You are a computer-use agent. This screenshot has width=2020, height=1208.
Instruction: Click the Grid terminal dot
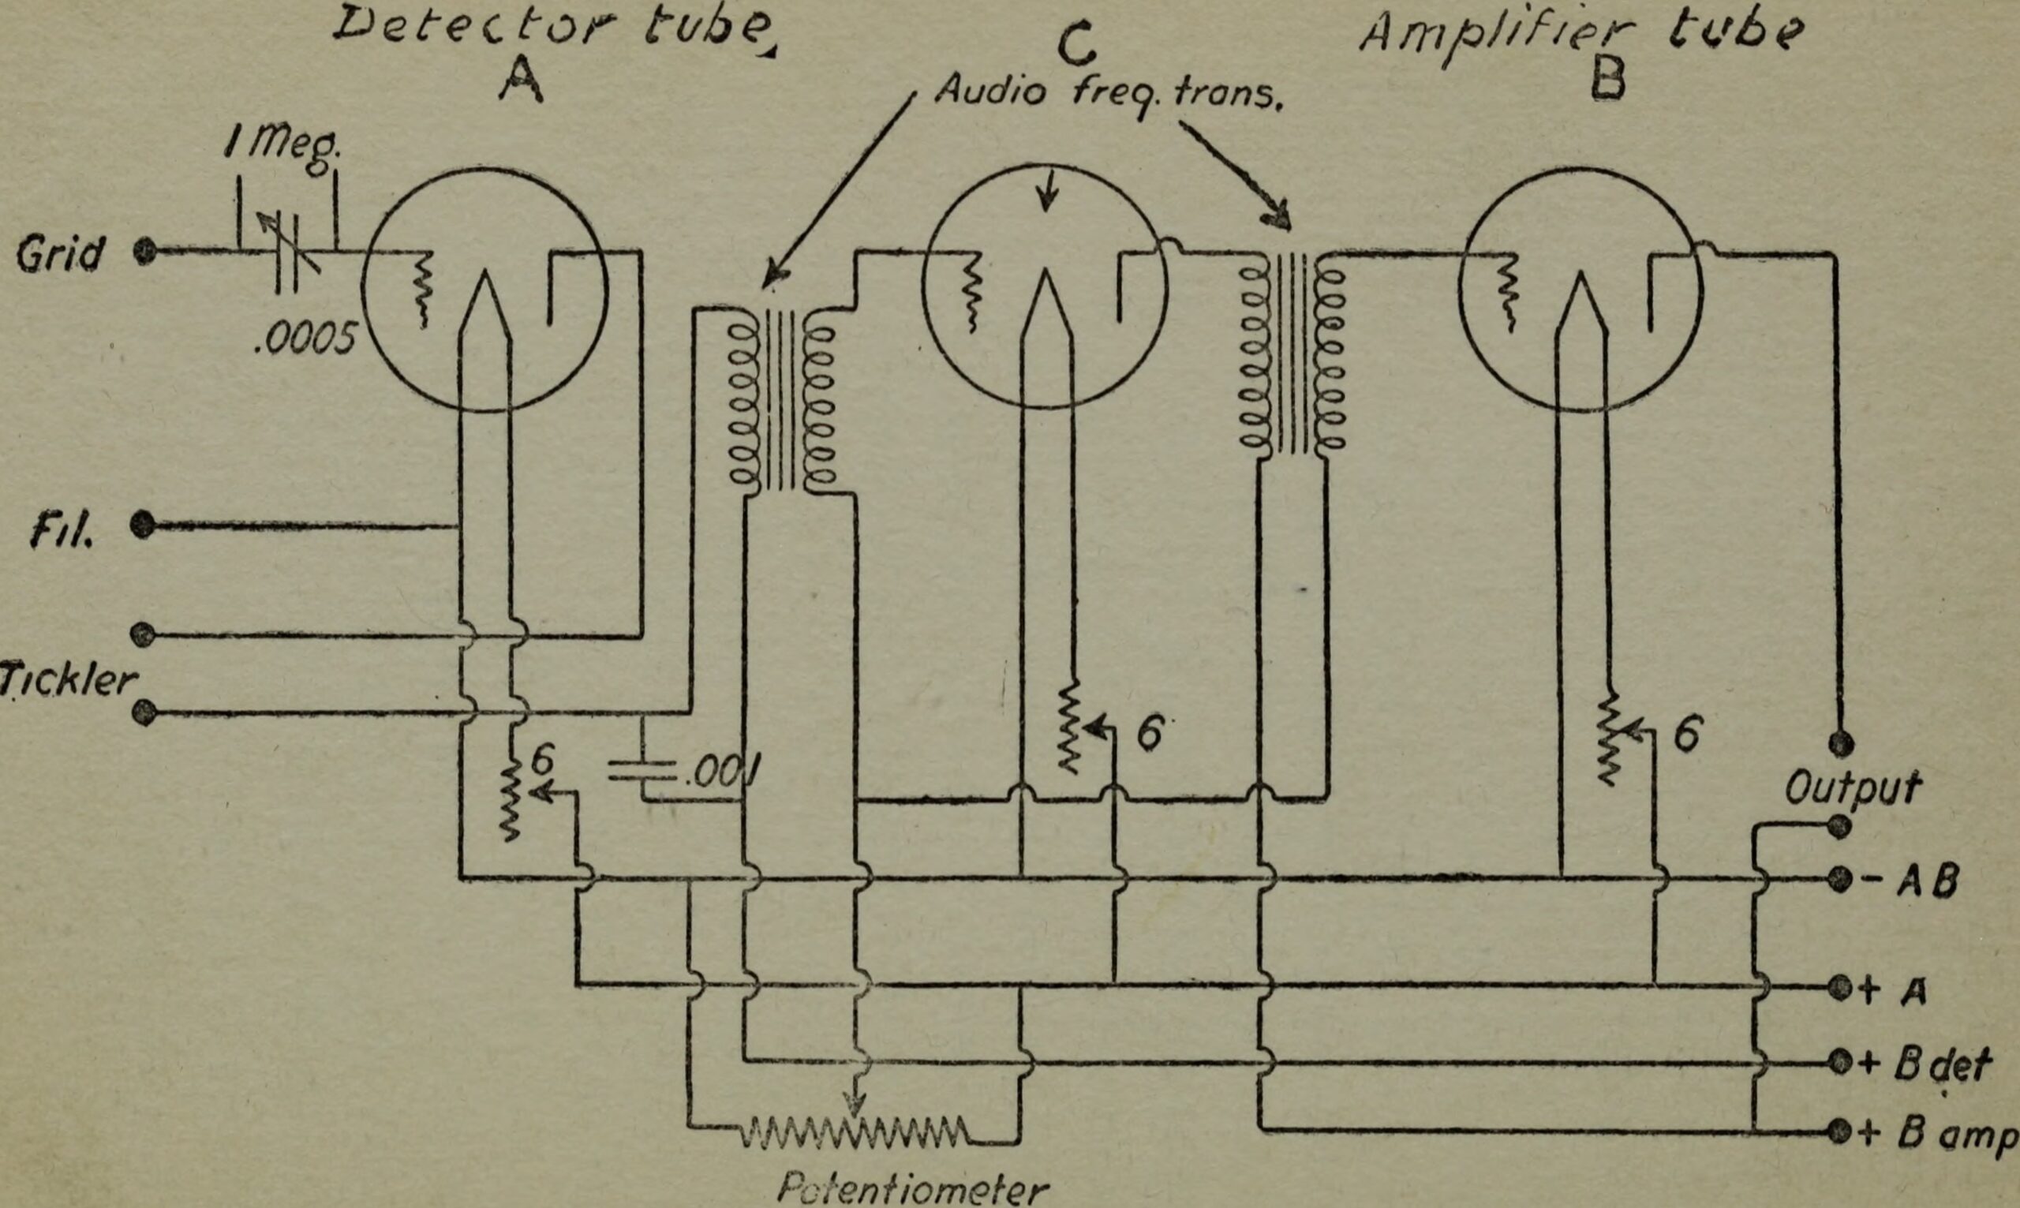(x=144, y=251)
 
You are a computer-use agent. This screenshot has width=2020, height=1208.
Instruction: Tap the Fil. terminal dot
(x=142, y=525)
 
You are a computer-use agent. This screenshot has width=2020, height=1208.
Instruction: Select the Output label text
(x=1851, y=787)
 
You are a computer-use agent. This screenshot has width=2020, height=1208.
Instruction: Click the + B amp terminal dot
(x=1839, y=1131)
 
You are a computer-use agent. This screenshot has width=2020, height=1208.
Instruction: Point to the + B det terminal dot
(x=1839, y=1061)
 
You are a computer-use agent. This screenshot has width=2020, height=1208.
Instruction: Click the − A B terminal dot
(x=1839, y=879)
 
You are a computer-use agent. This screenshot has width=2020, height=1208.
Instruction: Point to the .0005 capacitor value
(x=305, y=338)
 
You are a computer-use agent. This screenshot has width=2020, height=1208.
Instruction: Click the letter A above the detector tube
(x=520, y=81)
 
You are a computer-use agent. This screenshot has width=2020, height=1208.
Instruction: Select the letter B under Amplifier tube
(x=1607, y=81)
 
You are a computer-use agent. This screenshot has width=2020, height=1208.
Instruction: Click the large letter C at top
(x=1076, y=45)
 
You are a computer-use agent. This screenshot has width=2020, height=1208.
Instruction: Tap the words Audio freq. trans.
(x=1107, y=92)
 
